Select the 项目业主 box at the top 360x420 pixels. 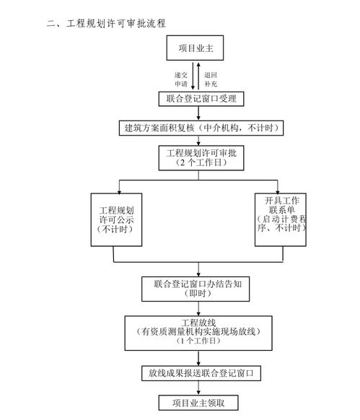pos(197,48)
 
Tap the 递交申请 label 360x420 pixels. pos(180,79)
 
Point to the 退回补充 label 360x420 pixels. pos(210,79)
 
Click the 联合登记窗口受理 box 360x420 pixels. pos(197,99)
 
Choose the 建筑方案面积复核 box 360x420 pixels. pos(198,128)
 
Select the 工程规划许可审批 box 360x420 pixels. pos(196,157)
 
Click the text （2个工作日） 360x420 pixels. pos(196,164)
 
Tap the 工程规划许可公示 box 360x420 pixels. pos(115,216)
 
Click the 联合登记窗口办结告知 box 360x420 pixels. pos(197,288)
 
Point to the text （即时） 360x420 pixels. pos(197,294)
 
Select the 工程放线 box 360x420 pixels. pos(196,331)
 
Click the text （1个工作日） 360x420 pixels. pos(196,341)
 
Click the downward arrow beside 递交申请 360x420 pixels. pos(192,76)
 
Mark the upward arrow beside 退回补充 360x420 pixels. pos(198,76)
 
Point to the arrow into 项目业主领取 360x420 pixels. pos(196,388)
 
